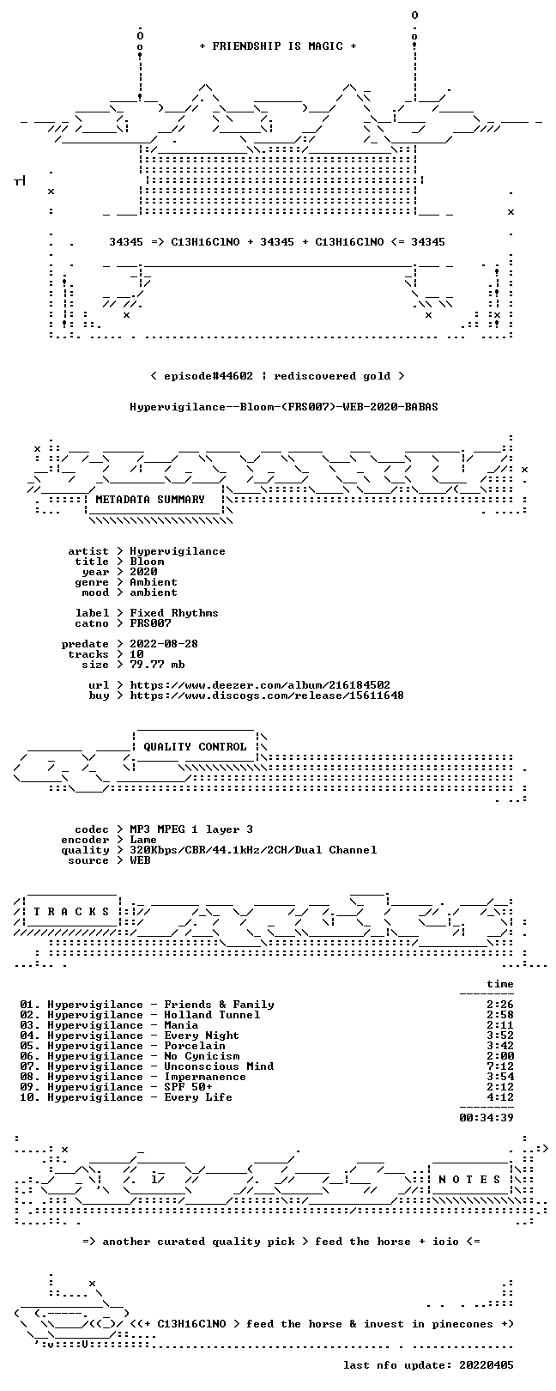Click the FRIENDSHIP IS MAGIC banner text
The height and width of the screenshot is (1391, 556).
pyautogui.click(x=278, y=46)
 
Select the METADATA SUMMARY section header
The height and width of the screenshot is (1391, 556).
pyautogui.click(x=150, y=499)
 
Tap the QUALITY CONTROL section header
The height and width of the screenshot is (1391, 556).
pyautogui.click(x=195, y=746)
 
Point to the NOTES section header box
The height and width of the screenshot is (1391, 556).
pyautogui.click(x=469, y=1179)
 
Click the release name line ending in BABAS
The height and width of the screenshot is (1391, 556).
pyautogui.click(x=284, y=407)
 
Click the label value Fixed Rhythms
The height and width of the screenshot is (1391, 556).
pyautogui.click(x=173, y=613)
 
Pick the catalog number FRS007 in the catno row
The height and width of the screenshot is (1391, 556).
pyautogui.click(x=150, y=623)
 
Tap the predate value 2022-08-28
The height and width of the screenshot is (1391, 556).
pyautogui.click(x=164, y=643)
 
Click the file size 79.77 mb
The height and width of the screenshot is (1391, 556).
pyautogui.click(x=157, y=665)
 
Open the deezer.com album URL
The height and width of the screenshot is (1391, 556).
pyautogui.click(x=260, y=685)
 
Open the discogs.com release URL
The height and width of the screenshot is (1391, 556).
pyautogui.click(x=267, y=695)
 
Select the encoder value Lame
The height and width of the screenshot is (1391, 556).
pyautogui.click(x=143, y=840)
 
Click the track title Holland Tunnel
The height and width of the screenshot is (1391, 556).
pyautogui.click(x=212, y=1015)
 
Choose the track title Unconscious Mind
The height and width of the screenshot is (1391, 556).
pyautogui.click(x=219, y=1066)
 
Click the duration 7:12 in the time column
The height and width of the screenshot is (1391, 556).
pyautogui.click(x=500, y=1066)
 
